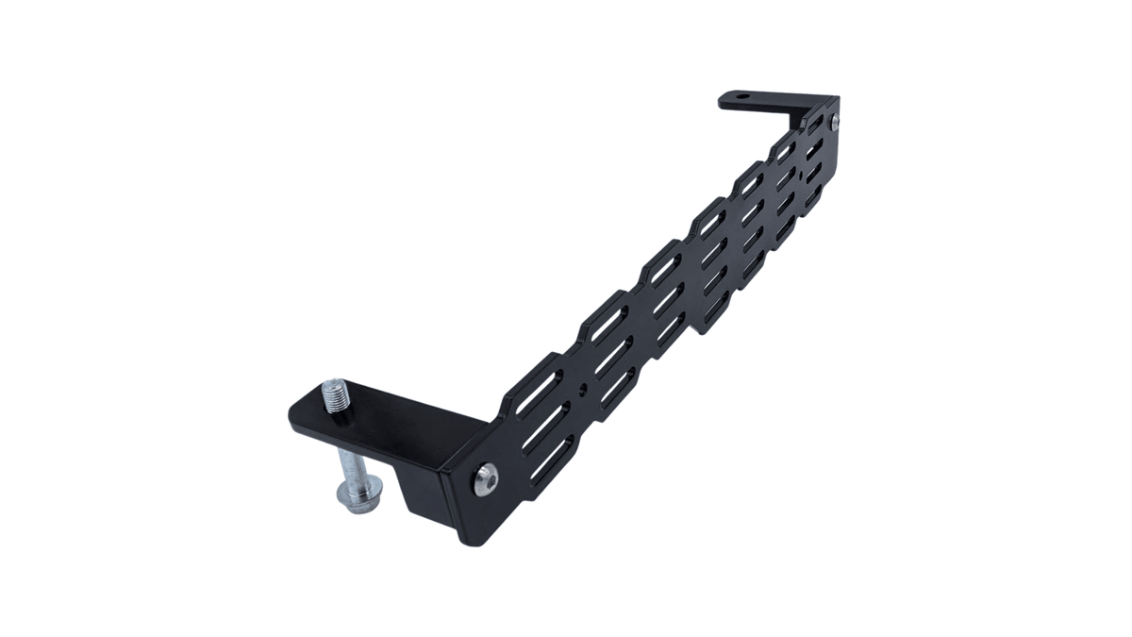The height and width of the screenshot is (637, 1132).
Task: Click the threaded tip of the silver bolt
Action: coord(335,390)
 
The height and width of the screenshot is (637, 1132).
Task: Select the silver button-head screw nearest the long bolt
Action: coord(485,478)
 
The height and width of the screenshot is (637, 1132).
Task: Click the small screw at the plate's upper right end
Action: coord(835,120)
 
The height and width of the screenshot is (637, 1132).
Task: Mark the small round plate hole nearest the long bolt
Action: coord(585,388)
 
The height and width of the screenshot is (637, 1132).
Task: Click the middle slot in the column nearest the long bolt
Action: coord(544,426)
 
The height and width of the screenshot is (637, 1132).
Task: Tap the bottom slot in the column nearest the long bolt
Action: coord(552,460)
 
